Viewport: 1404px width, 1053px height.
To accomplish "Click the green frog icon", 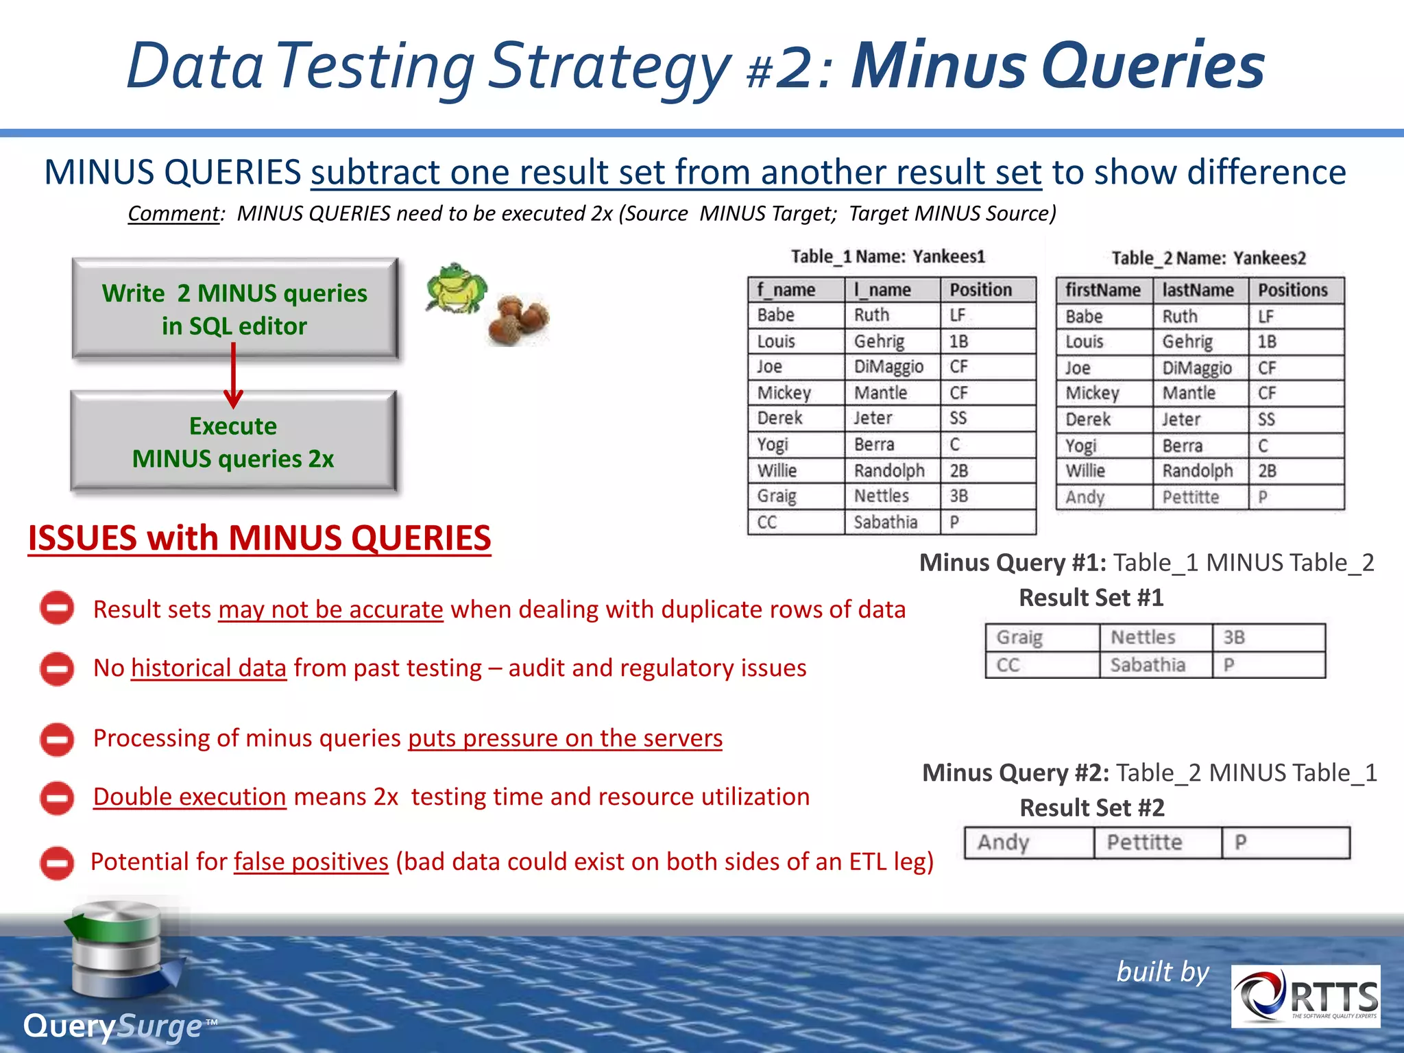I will click(456, 288).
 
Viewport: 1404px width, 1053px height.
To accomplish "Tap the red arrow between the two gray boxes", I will click(234, 376).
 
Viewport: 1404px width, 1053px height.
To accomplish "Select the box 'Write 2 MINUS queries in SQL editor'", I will click(234, 308).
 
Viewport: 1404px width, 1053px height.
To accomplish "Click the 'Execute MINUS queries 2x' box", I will click(233, 441).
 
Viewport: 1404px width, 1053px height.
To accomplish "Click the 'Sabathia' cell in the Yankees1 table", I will click(885, 522).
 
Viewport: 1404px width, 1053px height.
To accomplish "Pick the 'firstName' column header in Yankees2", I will click(1102, 290).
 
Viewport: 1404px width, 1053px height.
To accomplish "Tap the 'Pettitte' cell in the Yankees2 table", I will click(1190, 497).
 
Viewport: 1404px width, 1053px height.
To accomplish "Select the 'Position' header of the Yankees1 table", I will click(980, 289).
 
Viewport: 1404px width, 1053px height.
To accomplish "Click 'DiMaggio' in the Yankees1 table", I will click(888, 367).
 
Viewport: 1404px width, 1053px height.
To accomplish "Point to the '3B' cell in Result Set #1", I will click(1234, 638).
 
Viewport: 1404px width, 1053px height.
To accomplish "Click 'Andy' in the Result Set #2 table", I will click(1003, 842).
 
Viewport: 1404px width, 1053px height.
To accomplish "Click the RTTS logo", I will click(1305, 996).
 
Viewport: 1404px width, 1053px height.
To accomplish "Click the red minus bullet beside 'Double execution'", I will click(57, 798).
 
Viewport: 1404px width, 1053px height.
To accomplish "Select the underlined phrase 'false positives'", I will click(311, 862).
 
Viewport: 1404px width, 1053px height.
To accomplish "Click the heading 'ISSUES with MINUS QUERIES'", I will click(259, 538).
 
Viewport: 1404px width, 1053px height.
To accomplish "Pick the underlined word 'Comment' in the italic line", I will click(173, 214).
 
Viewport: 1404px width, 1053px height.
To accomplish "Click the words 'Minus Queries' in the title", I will click(1057, 66).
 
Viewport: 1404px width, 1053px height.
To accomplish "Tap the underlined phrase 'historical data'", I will click(208, 668).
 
